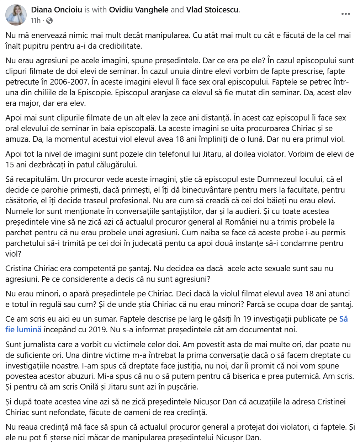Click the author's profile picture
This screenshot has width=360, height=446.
click(x=16, y=15)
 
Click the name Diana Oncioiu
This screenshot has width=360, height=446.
click(x=57, y=10)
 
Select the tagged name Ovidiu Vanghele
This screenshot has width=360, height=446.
click(x=139, y=10)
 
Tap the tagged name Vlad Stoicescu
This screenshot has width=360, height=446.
click(x=212, y=10)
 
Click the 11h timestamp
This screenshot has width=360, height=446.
click(x=36, y=21)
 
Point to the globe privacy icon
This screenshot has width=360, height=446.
click(x=49, y=21)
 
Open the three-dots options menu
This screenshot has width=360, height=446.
click(x=345, y=14)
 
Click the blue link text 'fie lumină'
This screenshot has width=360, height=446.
click(x=23, y=329)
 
